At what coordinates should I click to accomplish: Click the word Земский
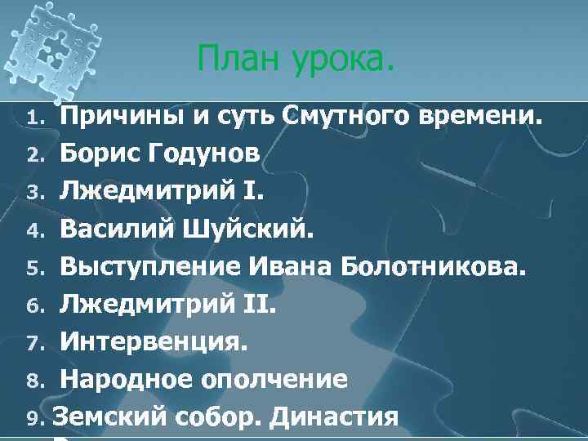click(x=111, y=416)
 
